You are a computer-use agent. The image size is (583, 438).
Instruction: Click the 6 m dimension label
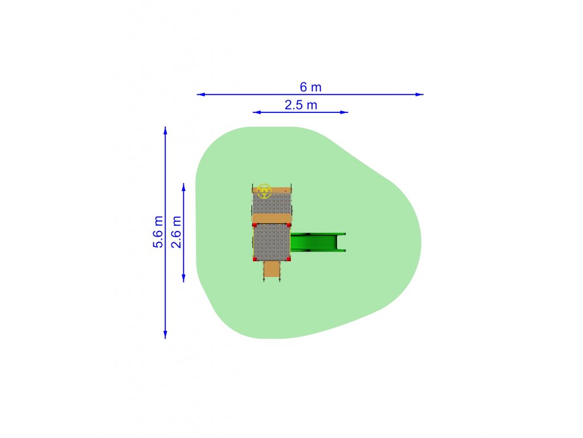coord(310,87)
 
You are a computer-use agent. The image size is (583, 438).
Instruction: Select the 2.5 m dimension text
coord(301,105)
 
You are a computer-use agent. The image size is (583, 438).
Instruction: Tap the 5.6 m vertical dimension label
coord(158,232)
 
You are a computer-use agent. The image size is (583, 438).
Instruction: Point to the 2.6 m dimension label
coord(176,232)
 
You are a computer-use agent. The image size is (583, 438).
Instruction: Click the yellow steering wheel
coord(264,191)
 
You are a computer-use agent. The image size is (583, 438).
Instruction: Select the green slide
coord(318,242)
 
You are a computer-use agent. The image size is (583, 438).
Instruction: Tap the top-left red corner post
coord(254,225)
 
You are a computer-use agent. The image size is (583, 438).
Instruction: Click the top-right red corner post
coord(289,225)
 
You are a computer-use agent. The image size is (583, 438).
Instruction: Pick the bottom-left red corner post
coord(254,259)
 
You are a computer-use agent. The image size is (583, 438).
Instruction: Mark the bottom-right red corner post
coord(289,259)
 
